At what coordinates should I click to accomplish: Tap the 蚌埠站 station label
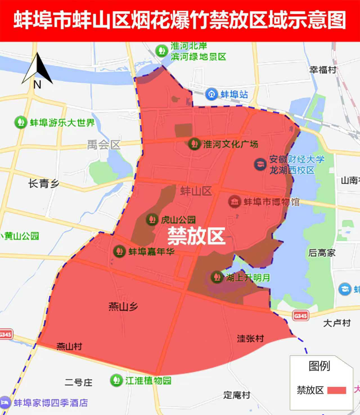coord(234,94)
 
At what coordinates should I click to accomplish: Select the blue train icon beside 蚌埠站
coord(211,94)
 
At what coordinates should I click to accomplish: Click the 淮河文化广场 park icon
coord(194,144)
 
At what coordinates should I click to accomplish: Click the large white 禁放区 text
coord(196,236)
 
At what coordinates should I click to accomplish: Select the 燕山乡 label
coord(123,307)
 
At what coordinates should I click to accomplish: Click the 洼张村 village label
coord(250,338)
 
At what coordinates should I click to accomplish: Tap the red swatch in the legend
coord(337,390)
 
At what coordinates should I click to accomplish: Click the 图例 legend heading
coord(319,366)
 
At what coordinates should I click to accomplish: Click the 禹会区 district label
coord(104,145)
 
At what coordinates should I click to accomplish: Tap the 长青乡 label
coord(44,184)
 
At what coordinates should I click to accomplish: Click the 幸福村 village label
coord(323,70)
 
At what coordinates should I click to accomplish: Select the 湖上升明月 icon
coord(216,277)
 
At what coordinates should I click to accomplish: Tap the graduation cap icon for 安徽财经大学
coord(260,164)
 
